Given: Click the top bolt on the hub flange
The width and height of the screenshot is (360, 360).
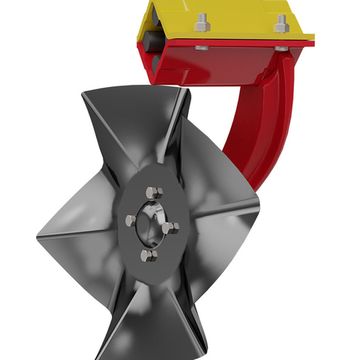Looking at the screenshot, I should pos(152,192).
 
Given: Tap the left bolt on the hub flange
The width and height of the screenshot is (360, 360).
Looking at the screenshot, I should pos(130,221).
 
